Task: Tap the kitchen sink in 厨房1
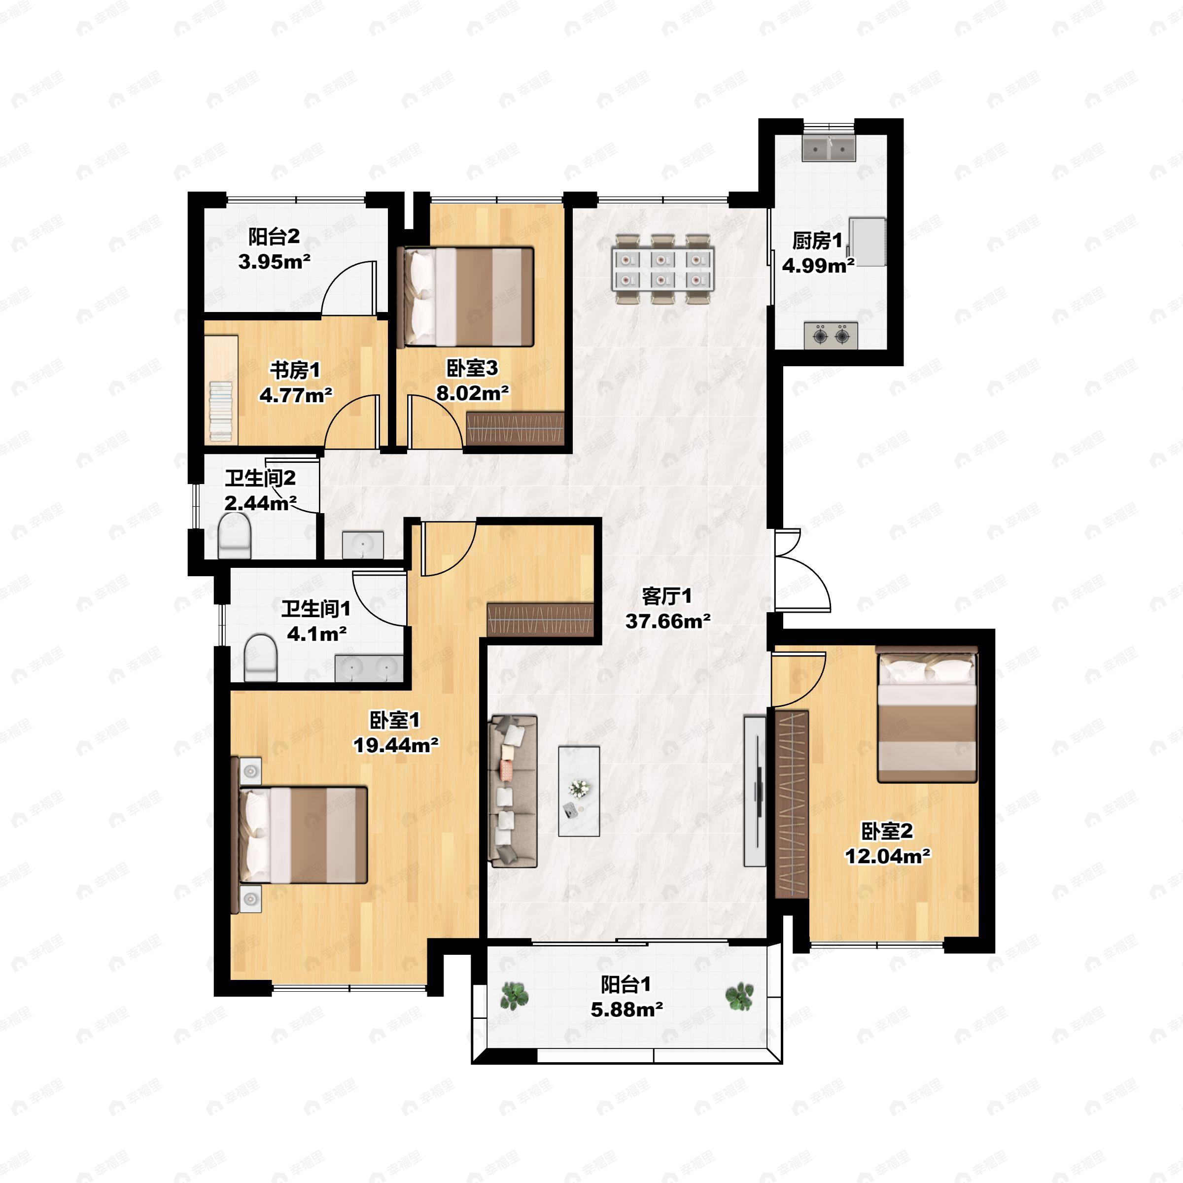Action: click(x=829, y=149)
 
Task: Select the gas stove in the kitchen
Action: click(x=830, y=336)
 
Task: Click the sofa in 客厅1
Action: click(x=513, y=791)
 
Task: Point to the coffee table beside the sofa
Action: click(x=579, y=791)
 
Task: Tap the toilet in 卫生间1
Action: click(x=260, y=658)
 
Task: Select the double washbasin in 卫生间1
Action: click(x=369, y=667)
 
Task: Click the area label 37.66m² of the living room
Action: click(x=667, y=621)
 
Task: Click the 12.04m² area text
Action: click(x=888, y=855)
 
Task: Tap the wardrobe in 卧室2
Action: click(x=792, y=804)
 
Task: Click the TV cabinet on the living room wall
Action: click(x=754, y=791)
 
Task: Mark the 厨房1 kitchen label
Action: click(x=817, y=241)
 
